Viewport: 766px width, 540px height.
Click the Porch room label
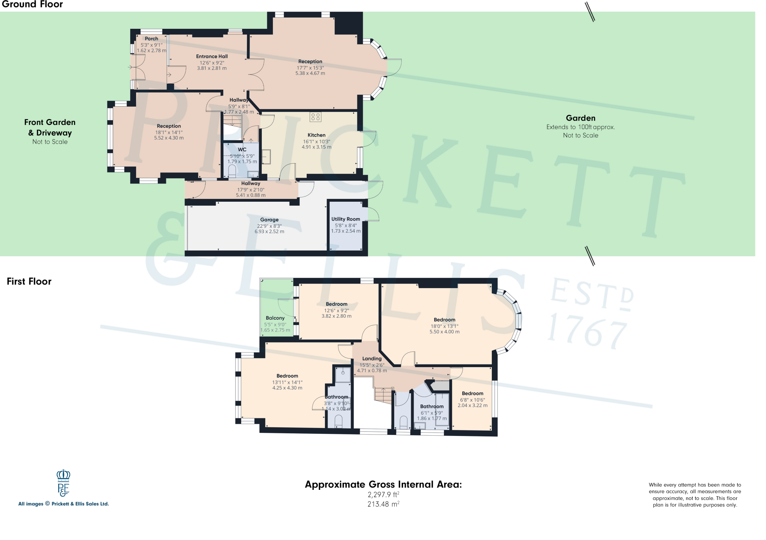tap(151, 39)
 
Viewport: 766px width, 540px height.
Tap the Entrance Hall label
tap(212, 57)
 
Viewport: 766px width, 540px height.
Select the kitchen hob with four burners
tap(315, 117)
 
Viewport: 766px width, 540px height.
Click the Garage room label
tap(269, 220)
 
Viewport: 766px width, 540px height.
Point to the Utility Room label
tap(346, 219)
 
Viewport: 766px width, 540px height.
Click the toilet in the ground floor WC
tap(232, 171)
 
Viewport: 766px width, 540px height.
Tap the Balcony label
tap(275, 318)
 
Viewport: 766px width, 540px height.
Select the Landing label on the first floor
tap(372, 359)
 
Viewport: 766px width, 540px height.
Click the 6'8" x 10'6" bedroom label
tap(472, 394)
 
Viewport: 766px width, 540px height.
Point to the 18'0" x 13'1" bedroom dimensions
tap(444, 326)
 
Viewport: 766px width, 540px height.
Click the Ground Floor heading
tap(33, 4)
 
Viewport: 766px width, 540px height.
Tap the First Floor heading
tap(29, 281)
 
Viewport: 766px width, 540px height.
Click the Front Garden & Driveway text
tap(50, 128)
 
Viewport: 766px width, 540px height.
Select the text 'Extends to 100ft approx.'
tap(580, 127)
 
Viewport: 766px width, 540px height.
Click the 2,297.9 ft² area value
tap(383, 495)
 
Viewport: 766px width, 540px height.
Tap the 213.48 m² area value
tap(383, 504)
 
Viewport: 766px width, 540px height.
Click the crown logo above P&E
tap(64, 475)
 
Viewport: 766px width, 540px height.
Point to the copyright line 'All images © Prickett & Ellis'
tap(64, 504)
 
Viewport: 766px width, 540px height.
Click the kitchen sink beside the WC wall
tap(266, 157)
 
